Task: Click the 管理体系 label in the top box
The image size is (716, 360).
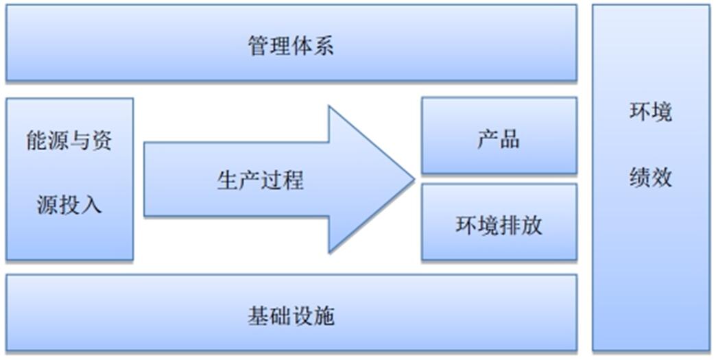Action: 291,46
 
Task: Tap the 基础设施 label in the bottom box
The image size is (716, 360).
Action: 291,315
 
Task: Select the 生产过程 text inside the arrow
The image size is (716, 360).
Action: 261,180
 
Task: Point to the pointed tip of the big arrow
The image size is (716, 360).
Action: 415,180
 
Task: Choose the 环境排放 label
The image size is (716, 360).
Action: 499,224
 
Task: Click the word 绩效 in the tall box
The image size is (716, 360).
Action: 651,178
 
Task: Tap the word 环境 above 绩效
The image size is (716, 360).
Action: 651,112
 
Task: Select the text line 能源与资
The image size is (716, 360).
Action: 69,141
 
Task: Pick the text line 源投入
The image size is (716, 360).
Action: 69,205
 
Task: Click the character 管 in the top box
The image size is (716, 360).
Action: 259,46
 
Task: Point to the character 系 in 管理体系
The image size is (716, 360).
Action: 323,46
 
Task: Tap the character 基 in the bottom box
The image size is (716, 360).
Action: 259,315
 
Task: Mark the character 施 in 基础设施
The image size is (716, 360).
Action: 323,315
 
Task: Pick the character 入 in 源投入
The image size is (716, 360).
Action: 91,205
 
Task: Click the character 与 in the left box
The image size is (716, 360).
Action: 80,141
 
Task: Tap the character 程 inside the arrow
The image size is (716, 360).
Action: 293,180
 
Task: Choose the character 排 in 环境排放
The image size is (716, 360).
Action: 510,224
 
